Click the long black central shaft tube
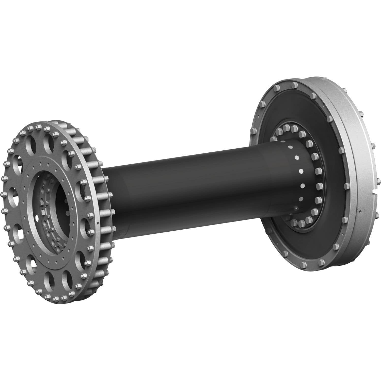pos(190,188)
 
